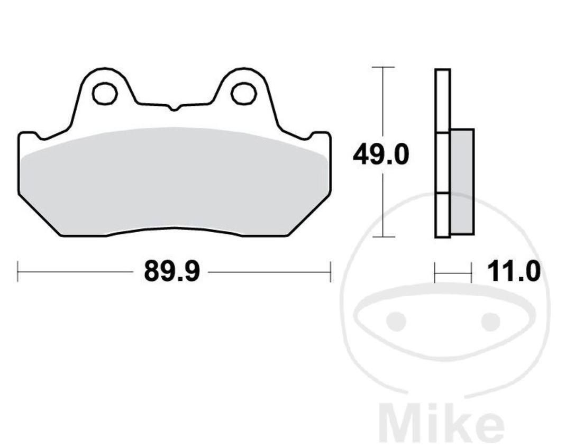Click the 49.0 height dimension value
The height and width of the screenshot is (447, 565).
(x=381, y=156)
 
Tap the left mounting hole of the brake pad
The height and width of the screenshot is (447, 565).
(x=104, y=94)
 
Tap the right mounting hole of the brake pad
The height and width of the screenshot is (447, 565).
(x=243, y=94)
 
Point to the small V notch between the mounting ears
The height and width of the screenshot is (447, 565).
(x=174, y=108)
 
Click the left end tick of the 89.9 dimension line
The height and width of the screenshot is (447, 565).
(x=18, y=272)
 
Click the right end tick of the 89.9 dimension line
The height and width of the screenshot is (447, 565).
(x=330, y=272)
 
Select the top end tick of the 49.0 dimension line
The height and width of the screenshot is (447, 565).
(x=383, y=67)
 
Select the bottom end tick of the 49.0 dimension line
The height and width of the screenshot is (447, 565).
(x=383, y=236)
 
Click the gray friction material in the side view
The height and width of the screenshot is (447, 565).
(x=462, y=181)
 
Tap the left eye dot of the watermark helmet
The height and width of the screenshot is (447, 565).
(x=395, y=321)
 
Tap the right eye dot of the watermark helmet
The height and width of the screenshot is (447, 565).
(x=490, y=321)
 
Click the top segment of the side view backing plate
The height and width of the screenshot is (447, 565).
(x=442, y=101)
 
